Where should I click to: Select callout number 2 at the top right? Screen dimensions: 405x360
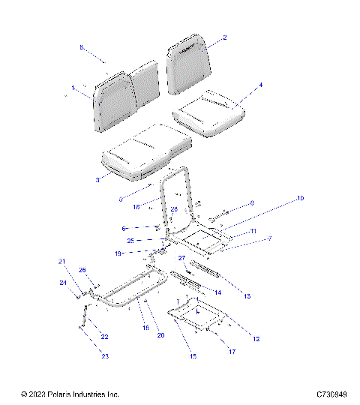pos(224,37)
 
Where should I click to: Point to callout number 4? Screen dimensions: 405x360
pos(260,85)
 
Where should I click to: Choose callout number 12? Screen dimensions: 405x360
pos(256,340)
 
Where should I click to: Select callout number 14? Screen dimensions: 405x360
pos(217,292)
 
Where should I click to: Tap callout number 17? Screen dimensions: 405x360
pos(232,351)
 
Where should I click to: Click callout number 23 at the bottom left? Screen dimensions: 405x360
pos(105,356)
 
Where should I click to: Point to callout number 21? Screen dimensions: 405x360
pos(63,261)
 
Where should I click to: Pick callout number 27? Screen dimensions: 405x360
pos(181,257)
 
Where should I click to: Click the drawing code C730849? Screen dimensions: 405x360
pos(331,394)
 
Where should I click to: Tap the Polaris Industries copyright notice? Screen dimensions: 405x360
pos(70,394)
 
